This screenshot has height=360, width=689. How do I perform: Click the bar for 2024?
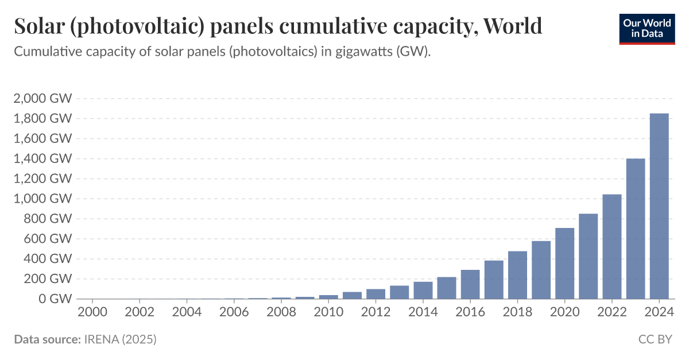click(659, 206)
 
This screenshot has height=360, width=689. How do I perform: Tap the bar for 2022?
click(612, 246)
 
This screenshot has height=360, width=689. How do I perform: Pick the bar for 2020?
click(564, 264)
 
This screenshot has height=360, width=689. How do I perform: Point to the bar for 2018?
click(517, 275)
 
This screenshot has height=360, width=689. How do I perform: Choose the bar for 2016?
click(470, 284)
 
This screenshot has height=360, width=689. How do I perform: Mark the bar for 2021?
click(588, 256)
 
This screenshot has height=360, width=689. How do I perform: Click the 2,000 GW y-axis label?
click(42, 98)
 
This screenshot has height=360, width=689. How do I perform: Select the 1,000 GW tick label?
click(42, 199)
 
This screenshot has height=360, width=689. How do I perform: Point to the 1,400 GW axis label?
click(42, 158)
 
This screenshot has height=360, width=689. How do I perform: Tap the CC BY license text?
click(655, 339)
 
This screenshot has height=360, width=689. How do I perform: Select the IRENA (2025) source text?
click(119, 339)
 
